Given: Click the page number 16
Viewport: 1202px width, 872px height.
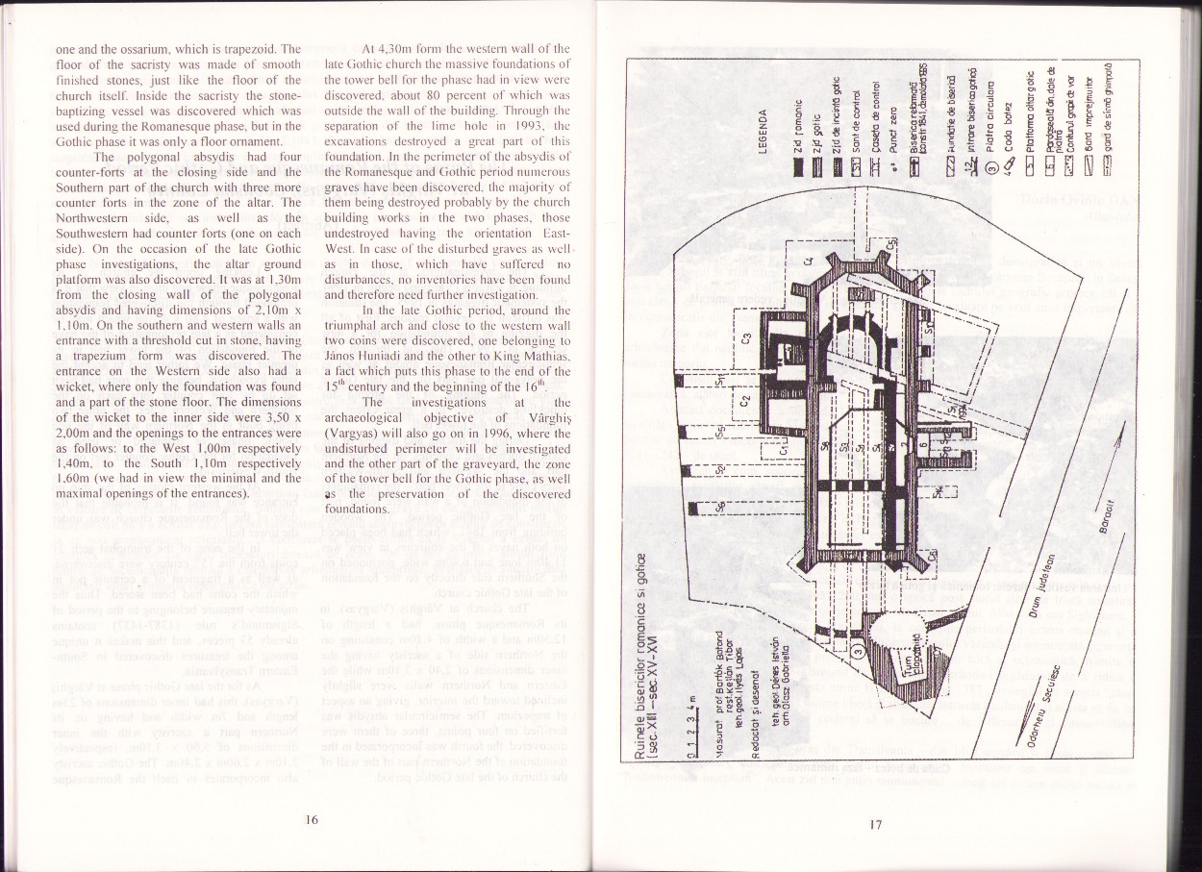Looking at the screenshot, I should pos(311,820).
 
